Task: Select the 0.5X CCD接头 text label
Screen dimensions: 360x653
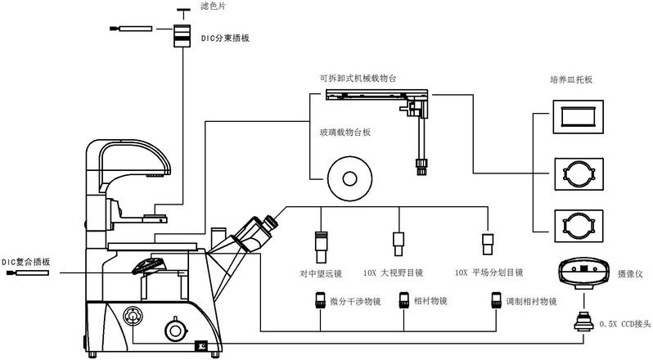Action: pyautogui.click(x=624, y=325)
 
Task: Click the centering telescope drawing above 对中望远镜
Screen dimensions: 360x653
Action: pyautogui.click(x=322, y=243)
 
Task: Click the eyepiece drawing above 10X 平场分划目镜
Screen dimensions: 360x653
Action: pyautogui.click(x=489, y=244)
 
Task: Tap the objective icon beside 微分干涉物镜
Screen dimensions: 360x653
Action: pyautogui.click(x=321, y=301)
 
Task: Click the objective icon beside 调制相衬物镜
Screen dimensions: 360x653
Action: pyautogui.click(x=495, y=301)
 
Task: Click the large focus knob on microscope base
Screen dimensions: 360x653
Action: pyautogui.click(x=173, y=330)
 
